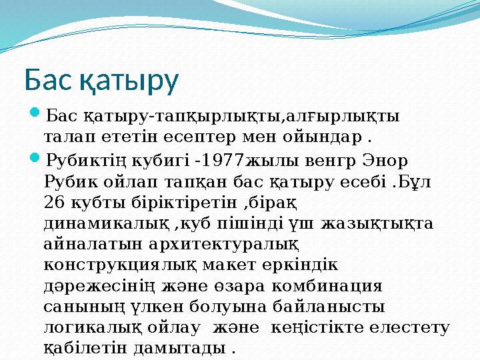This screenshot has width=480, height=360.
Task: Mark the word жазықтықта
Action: (x=377, y=223)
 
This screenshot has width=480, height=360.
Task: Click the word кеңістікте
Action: (x=351, y=327)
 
